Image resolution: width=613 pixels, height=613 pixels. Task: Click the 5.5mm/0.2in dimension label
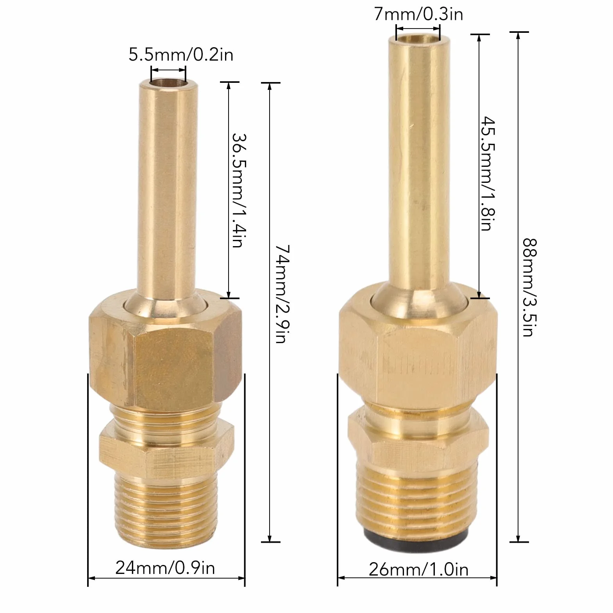pos(181,55)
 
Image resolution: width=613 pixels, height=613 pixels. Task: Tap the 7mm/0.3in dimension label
pos(418,14)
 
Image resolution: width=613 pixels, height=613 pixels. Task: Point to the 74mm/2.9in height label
pos(282,294)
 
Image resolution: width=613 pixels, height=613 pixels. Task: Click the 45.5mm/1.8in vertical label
pos(488,173)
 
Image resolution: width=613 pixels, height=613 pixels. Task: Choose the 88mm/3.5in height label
pos(530,288)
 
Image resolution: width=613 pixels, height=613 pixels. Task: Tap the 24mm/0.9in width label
pos(165,568)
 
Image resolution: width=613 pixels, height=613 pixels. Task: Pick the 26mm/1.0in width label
pos(418,569)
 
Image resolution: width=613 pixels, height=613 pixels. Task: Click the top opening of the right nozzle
pos(418,38)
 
